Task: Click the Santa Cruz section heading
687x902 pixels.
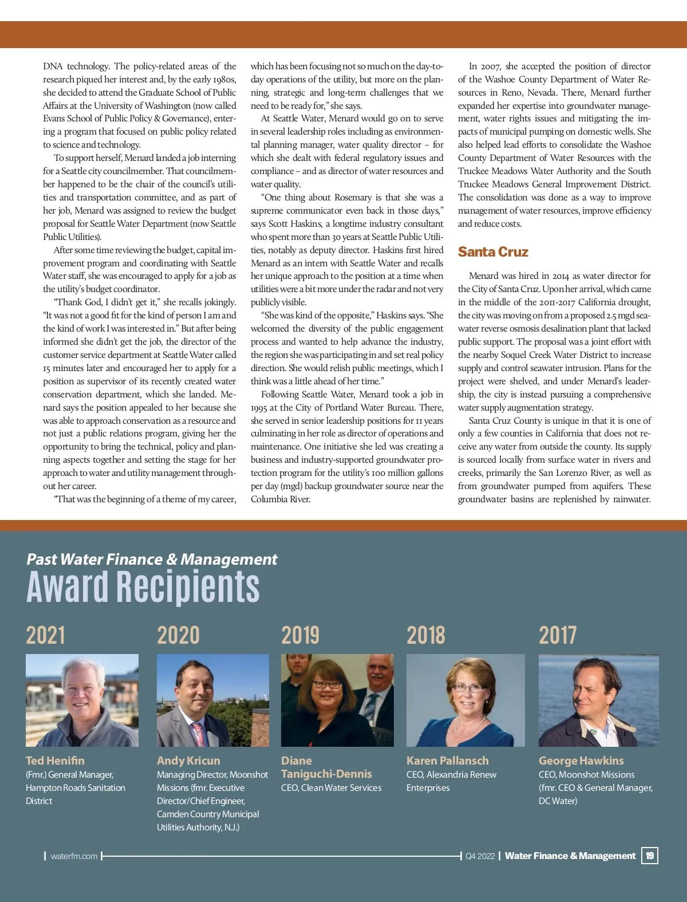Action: point(493,252)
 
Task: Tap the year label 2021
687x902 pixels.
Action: point(46,635)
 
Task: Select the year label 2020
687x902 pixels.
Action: point(178,635)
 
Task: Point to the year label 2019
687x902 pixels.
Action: point(301,635)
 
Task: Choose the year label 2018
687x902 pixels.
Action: point(426,635)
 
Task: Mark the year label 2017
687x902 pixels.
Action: point(558,635)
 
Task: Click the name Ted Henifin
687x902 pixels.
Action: point(55,761)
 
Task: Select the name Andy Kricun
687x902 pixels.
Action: point(188,761)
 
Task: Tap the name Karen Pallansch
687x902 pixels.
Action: point(448,761)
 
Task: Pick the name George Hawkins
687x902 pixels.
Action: point(581,761)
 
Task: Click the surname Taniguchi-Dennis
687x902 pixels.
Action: point(326,774)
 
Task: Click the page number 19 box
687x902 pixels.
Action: point(650,856)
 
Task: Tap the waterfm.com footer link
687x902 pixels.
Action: point(74,856)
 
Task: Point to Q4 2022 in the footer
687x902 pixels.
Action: point(480,856)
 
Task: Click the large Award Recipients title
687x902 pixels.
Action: point(143,587)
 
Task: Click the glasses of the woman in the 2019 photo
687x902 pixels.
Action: point(327,684)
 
